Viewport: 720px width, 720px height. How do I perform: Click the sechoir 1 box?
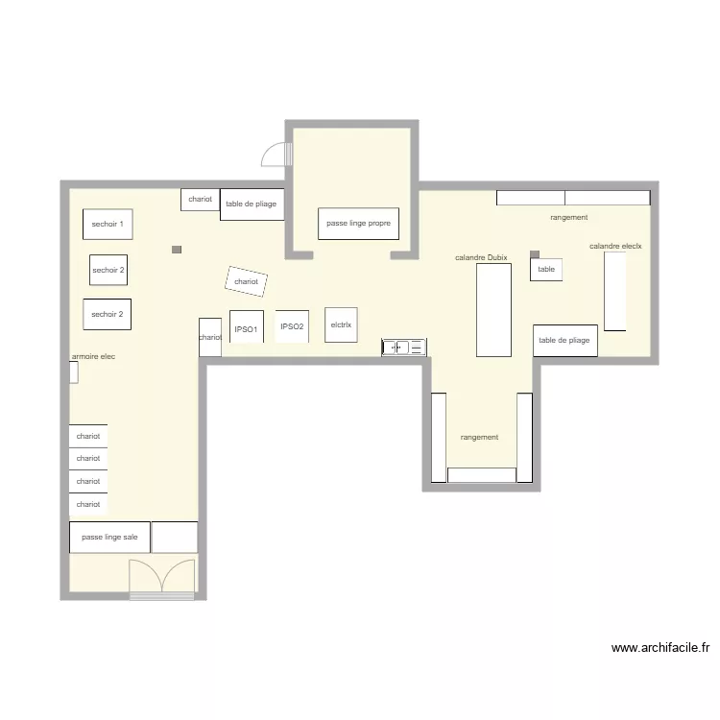[107, 224]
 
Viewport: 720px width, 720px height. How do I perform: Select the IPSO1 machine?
[247, 327]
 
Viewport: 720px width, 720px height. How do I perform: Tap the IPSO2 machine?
[292, 326]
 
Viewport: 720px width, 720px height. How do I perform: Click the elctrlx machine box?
[341, 324]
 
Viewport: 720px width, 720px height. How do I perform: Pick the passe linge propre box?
[358, 224]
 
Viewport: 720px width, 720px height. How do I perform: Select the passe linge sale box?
[109, 538]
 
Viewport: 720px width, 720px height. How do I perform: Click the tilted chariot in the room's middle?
[246, 281]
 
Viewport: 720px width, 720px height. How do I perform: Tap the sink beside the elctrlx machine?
[403, 347]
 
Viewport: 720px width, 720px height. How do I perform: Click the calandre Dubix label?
[481, 257]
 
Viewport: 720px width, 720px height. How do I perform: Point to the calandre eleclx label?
[615, 247]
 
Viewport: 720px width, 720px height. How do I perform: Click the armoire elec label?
[93, 357]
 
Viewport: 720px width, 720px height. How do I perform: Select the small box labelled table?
[546, 270]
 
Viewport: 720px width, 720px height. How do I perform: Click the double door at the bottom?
[162, 578]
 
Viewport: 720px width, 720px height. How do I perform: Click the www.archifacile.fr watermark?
[660, 648]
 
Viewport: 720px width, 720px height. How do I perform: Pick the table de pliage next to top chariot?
[252, 204]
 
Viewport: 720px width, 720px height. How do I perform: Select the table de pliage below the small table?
[564, 341]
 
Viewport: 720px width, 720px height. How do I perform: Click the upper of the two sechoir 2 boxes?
[108, 270]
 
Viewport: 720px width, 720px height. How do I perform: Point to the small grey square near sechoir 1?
[177, 250]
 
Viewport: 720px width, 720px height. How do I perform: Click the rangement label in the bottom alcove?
[479, 438]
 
